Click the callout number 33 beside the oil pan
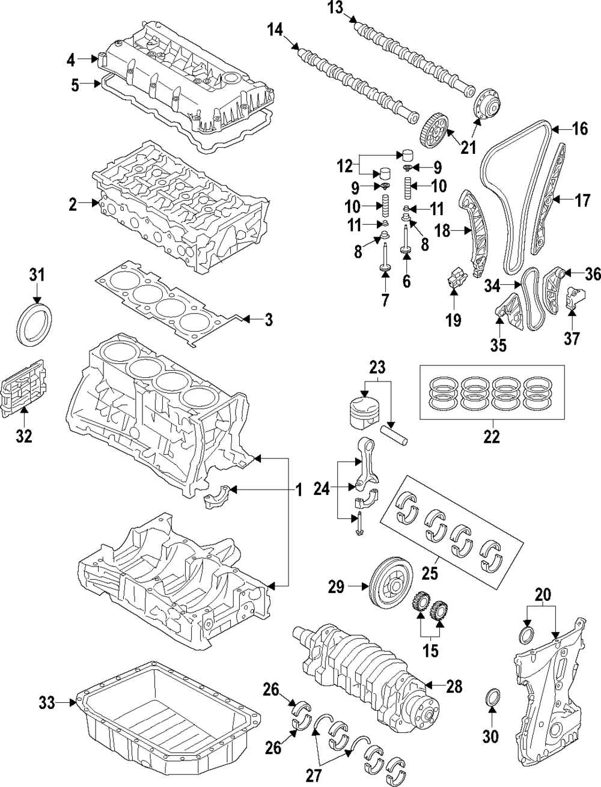coord(47,701)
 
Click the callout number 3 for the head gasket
coord(268,320)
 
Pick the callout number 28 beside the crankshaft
coord(454,685)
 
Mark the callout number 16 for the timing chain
coord(579,129)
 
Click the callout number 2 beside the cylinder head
coord(73,204)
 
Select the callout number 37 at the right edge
coord(571,339)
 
